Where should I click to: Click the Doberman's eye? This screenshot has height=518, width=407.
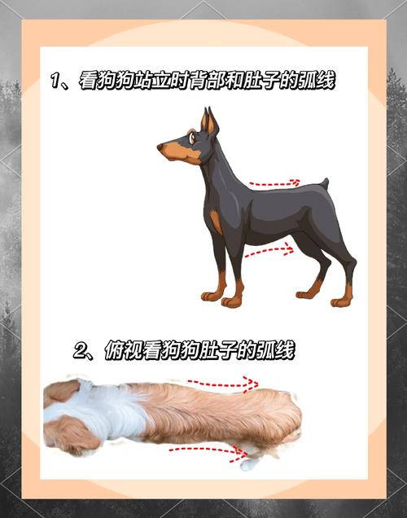click(x=192, y=138)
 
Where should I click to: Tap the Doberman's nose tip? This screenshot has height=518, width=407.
click(x=160, y=147)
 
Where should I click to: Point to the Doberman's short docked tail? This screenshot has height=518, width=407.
click(x=325, y=183)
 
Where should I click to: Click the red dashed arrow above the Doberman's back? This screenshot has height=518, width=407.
click(x=274, y=183)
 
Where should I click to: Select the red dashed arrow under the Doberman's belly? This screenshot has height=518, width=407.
click(x=269, y=251)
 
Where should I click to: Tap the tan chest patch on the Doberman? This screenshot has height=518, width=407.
click(x=217, y=222)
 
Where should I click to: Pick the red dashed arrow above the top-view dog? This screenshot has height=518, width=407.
click(x=223, y=384)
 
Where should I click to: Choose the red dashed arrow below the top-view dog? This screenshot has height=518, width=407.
click(x=208, y=450)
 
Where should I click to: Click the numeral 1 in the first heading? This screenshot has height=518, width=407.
click(x=55, y=81)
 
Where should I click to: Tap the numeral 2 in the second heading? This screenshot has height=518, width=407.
click(x=81, y=351)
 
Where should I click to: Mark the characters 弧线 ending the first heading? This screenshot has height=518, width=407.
click(x=317, y=81)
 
